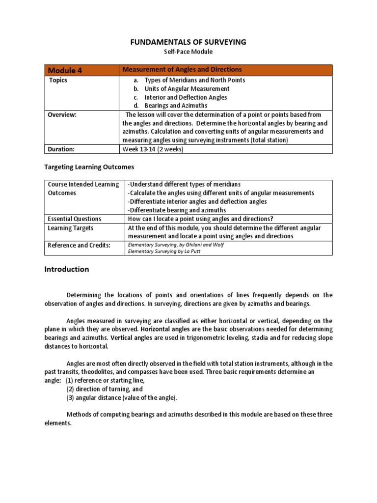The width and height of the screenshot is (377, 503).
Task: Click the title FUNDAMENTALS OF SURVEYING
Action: (188, 42)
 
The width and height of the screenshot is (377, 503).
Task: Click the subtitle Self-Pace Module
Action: (188, 52)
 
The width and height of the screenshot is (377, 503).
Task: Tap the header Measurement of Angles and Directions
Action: (182, 70)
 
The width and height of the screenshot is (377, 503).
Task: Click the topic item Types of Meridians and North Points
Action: (194, 80)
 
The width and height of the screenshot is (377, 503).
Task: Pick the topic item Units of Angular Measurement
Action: (187, 89)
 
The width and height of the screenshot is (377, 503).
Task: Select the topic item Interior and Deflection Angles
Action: (186, 97)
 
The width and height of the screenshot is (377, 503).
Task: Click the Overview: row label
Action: (63, 114)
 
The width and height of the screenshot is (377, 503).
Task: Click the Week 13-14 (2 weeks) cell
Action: (153, 149)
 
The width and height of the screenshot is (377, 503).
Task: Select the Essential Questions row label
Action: (74, 219)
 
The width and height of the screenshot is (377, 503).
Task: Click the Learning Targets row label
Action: (70, 228)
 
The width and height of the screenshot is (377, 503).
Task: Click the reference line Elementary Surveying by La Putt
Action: (164, 251)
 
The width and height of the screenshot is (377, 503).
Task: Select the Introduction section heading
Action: (67, 269)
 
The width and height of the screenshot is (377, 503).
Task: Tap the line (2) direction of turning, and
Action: (105, 389)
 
